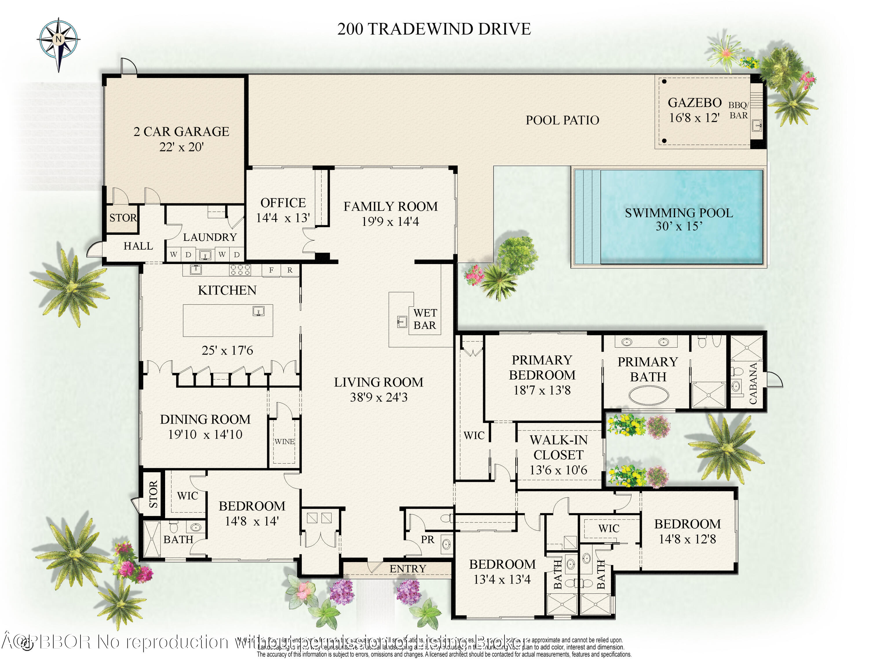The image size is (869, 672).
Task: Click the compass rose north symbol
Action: [59, 39]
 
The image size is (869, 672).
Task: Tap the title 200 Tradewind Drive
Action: [434, 29]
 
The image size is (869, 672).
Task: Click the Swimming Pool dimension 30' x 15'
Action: [679, 226]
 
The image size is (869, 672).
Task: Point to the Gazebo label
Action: [694, 103]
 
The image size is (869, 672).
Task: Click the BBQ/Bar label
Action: [738, 110]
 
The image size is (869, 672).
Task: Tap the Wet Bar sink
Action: [402, 322]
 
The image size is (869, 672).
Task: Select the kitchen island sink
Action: [259, 311]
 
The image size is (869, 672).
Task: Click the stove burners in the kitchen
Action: [240, 270]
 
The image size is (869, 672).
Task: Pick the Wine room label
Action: [284, 442]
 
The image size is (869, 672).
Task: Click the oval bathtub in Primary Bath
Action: [649, 396]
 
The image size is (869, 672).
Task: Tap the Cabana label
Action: [753, 383]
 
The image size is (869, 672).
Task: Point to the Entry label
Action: [408, 569]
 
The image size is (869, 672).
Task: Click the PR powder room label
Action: [428, 540]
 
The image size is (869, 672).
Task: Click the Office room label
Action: [283, 203]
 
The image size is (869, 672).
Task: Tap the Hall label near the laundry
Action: [138, 246]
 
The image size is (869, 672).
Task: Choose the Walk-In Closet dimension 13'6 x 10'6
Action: [558, 470]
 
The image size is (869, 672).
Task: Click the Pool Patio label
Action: [562, 120]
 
